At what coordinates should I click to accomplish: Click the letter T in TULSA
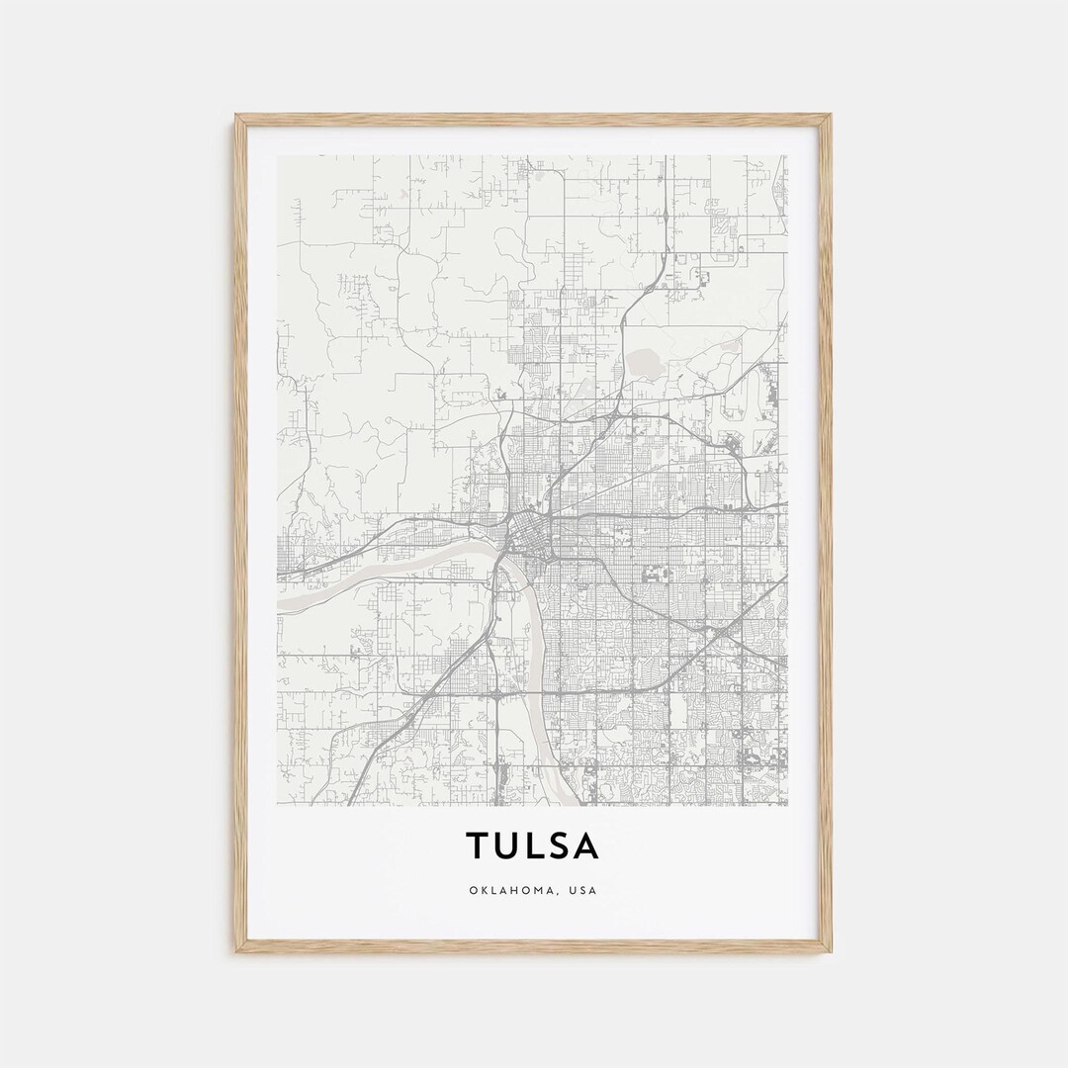(x=478, y=845)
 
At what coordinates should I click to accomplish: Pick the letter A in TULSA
(x=586, y=845)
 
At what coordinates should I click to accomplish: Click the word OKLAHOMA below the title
(x=514, y=890)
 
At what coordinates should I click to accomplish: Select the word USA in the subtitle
(x=584, y=890)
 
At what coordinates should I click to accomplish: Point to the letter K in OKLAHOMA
(x=484, y=890)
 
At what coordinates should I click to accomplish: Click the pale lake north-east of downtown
(x=648, y=361)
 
